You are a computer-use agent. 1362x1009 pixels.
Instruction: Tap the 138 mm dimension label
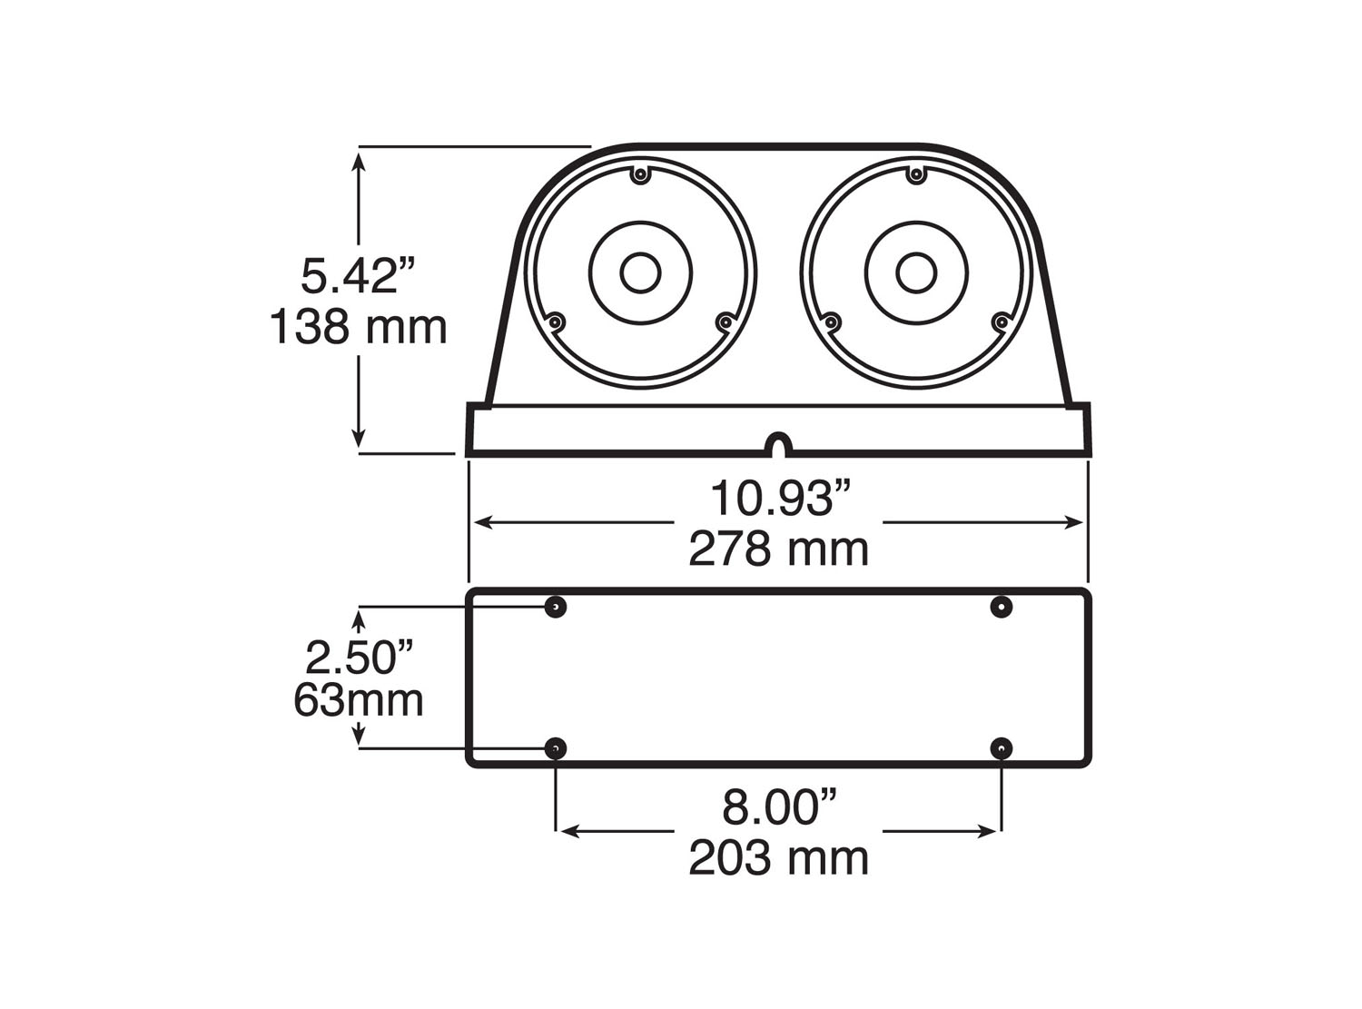359,327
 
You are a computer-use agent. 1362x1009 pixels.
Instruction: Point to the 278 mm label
779,549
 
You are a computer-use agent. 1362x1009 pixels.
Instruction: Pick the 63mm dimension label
359,700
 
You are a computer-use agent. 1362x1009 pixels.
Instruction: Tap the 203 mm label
779,857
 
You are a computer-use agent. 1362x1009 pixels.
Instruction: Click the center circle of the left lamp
640,272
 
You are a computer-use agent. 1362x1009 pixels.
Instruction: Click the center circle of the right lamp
916,272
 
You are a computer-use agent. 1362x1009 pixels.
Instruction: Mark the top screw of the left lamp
640,174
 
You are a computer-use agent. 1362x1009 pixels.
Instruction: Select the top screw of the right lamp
916,174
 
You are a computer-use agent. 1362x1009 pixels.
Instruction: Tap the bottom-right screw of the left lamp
725,321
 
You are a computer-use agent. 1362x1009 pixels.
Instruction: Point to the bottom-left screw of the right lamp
830,321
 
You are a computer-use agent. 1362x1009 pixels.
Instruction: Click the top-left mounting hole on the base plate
556,606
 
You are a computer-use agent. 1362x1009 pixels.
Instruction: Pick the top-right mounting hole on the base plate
1001,606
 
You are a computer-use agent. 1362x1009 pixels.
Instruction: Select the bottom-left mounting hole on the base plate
556,748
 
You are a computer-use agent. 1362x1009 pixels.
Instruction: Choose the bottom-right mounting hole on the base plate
1001,748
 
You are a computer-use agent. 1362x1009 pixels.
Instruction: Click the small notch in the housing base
779,445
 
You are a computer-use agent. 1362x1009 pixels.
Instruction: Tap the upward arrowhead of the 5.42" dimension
360,161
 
